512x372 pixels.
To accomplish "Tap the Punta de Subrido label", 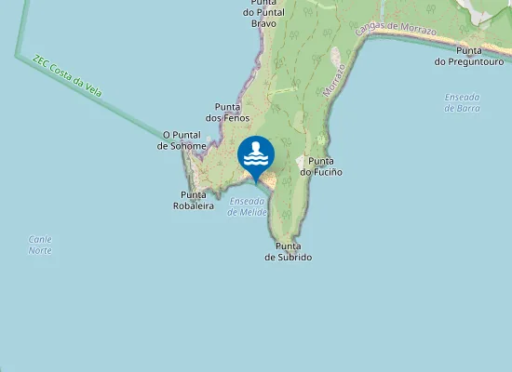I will tap(288, 251).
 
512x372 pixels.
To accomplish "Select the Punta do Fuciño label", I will tap(321, 166).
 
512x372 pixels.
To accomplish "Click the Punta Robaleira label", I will tap(194, 200).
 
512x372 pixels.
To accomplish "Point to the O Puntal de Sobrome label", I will tap(182, 140).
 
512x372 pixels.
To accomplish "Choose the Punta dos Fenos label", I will tap(228, 113).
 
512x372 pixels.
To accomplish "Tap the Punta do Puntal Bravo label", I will tap(263, 12).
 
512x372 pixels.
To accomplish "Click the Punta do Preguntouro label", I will tap(468, 56).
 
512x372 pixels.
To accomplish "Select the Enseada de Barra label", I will tap(463, 101).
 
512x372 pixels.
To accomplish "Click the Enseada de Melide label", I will tap(248, 206).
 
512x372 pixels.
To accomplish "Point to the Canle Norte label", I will tap(40, 245).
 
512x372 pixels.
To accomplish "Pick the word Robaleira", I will tap(194, 206).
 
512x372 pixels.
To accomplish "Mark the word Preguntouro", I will tap(468, 61).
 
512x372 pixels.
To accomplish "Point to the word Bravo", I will tap(264, 22).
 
